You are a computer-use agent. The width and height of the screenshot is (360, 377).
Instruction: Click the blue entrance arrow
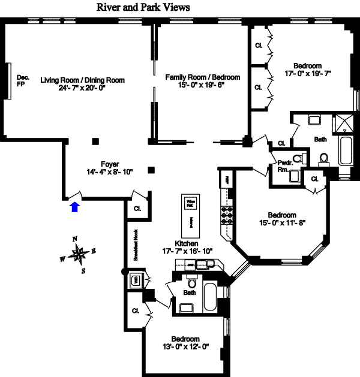tap(74, 207)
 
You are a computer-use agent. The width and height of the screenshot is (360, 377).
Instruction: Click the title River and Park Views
tap(143, 8)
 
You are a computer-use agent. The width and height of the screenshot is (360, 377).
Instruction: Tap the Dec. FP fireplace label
tap(23, 81)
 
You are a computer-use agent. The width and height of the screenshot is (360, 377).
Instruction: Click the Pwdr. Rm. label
tap(283, 166)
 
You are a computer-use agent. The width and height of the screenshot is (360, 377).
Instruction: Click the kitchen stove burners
tap(227, 214)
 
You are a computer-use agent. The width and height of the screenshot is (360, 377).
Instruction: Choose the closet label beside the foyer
tap(137, 209)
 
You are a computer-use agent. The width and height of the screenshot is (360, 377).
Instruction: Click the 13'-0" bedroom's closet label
tap(135, 311)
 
